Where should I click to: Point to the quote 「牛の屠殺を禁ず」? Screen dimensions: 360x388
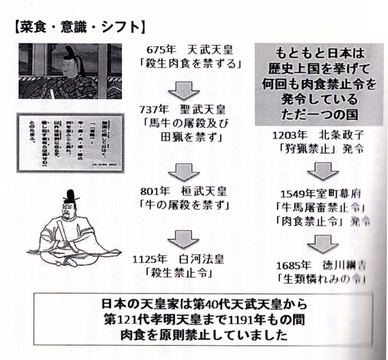[x=186, y=205]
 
